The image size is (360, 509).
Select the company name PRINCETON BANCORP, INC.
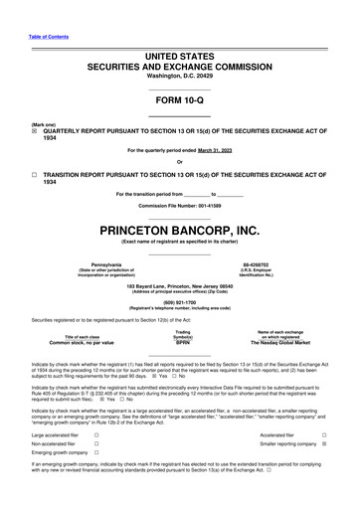[x=179, y=230]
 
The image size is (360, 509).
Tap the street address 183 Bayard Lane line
[x=179, y=284]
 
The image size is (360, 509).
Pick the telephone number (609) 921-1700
[x=179, y=300]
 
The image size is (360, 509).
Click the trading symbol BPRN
[x=182, y=342]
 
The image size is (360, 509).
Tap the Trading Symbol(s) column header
[x=182, y=333]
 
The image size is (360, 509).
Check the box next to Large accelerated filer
[x=95, y=435]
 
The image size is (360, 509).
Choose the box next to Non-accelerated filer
[x=95, y=445]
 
